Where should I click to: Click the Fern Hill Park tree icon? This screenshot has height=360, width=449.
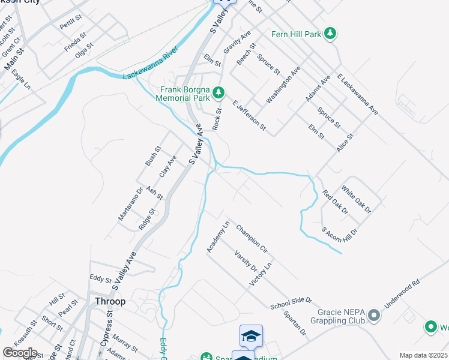pos(330,34)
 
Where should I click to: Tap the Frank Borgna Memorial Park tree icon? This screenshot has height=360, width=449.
pos(219,92)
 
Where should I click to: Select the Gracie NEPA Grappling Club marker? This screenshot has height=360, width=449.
pos(374,315)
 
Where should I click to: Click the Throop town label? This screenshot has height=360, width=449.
pos(109,301)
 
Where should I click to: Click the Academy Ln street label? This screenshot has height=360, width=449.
pos(218,237)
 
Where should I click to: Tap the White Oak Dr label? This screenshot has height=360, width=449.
pos(356,199)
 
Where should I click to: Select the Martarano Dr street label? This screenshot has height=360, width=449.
pos(130,203)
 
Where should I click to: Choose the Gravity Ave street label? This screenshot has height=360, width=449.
pos(237,44)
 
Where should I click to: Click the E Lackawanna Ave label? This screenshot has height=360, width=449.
pos(357,94)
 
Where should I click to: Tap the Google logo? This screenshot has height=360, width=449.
pos(20,353)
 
